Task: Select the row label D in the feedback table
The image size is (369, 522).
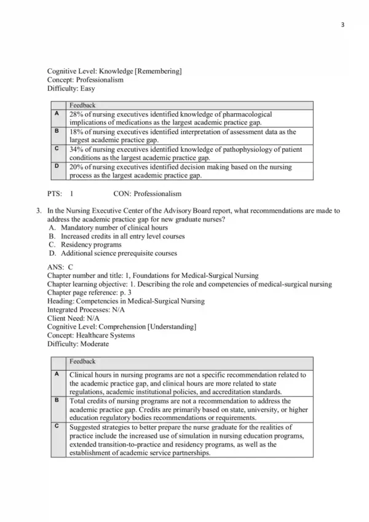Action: (57, 167)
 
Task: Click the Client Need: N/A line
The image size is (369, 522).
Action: (73, 318)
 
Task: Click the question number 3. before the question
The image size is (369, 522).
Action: (39, 211)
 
